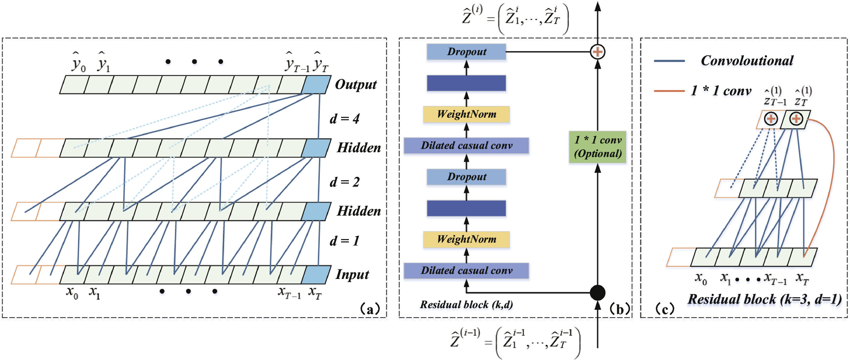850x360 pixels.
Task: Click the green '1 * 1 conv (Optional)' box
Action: point(597,147)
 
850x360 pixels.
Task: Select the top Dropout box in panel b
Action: point(466,52)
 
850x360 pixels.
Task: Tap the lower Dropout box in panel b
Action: point(466,177)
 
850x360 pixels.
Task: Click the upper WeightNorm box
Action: point(466,114)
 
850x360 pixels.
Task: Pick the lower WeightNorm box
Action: point(466,239)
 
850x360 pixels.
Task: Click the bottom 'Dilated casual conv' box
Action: point(466,271)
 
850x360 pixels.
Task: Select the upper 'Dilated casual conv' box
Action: point(466,146)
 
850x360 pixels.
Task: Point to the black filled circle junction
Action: point(597,293)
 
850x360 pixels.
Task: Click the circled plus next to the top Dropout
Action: point(597,52)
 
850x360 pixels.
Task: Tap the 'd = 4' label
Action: point(344,119)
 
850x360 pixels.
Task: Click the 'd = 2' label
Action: point(344,182)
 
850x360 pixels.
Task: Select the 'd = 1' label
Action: point(344,241)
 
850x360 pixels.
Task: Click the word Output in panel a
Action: point(355,84)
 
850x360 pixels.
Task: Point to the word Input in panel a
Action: point(352,274)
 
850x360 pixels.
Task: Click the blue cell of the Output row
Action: point(316,85)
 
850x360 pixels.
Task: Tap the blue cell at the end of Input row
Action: point(316,274)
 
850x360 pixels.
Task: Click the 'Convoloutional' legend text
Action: point(747,61)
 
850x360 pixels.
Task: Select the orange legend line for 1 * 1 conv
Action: point(669,91)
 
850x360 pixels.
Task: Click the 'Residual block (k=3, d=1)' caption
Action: point(764,299)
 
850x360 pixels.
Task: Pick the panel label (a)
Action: point(369,309)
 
